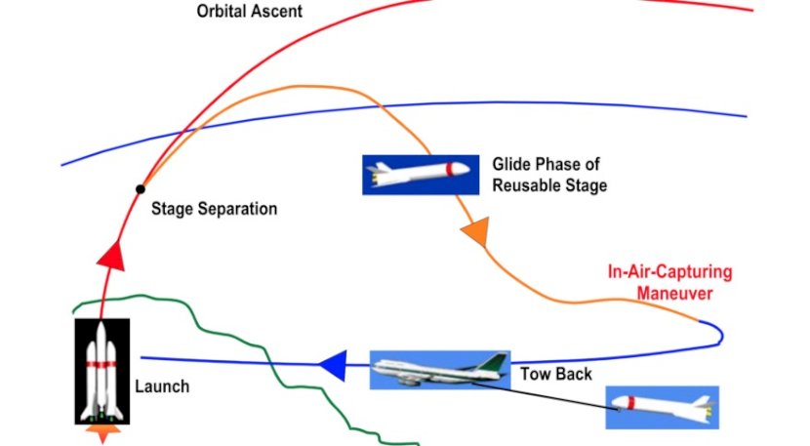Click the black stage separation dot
click(140, 189)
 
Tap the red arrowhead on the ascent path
click(112, 256)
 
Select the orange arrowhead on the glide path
click(476, 231)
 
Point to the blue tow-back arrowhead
click(333, 365)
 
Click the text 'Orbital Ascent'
click(250, 11)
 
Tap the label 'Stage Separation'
click(215, 209)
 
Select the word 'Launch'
click(162, 386)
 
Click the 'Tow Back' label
click(556, 374)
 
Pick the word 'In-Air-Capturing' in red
click(670, 272)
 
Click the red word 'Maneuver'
click(674, 294)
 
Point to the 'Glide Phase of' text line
click(547, 164)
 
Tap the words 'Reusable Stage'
click(549, 185)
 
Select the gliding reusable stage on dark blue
click(421, 175)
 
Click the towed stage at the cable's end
click(663, 407)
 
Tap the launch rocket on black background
click(102, 371)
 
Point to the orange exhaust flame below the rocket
click(102, 433)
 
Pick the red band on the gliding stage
click(450, 170)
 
